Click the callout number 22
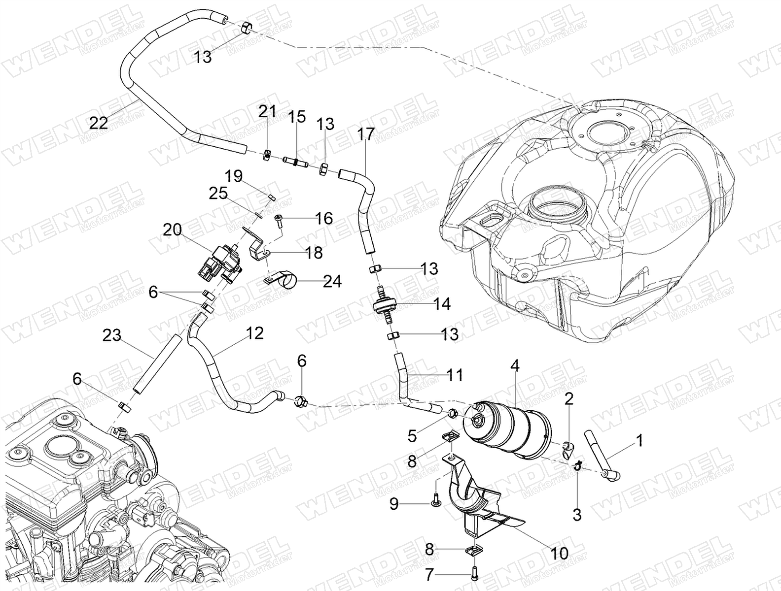coord(98,123)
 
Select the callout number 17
coord(366,134)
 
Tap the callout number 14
coord(442,304)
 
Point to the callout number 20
coord(172,230)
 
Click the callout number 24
coord(332,281)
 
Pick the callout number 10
coord(559,553)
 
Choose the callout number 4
coord(515,365)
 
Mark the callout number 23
coord(112,335)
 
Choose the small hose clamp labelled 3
coord(577,465)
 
